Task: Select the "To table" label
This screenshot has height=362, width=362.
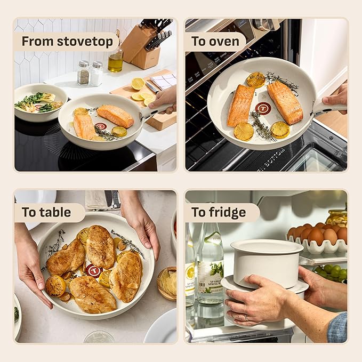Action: (x=46, y=212)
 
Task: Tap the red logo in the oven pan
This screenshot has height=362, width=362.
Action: (x=263, y=109)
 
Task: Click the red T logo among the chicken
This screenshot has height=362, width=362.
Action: (x=94, y=270)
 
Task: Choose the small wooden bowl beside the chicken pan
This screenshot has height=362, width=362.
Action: (x=166, y=283)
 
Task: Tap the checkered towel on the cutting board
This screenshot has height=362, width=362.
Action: (x=163, y=81)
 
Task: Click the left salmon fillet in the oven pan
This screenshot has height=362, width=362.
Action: (x=241, y=105)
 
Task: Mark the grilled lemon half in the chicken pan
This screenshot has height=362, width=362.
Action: (x=55, y=285)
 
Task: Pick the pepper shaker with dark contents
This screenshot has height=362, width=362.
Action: (x=83, y=74)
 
